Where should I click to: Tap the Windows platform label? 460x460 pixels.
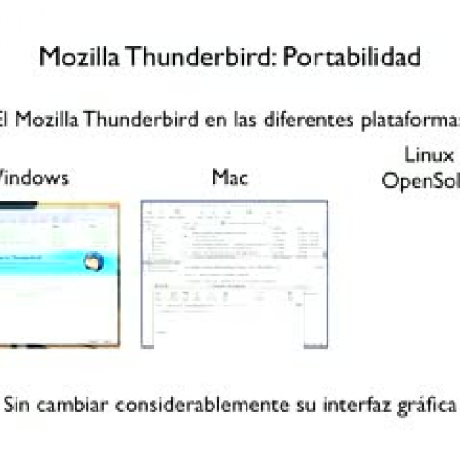33,178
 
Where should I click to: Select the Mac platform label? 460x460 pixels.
231,177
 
